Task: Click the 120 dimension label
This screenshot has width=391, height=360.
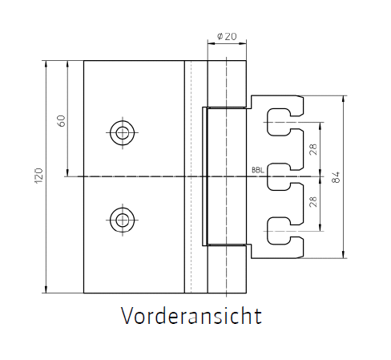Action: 38,176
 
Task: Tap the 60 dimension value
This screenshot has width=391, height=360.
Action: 62,121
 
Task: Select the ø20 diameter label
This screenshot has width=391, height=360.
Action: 227,36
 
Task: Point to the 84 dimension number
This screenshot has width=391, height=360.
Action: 336,177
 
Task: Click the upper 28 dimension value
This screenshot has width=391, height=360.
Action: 313,149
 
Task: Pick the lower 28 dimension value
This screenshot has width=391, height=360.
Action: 313,201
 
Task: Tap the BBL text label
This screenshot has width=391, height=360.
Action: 258,170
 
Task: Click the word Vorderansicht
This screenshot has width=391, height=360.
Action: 191,316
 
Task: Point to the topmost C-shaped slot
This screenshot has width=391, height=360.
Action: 268,122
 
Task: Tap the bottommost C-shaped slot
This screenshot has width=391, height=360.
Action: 268,231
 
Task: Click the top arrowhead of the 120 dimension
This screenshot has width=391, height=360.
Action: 46,64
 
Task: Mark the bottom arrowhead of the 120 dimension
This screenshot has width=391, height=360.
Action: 46,289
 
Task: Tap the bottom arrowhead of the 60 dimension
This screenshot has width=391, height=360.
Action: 67,173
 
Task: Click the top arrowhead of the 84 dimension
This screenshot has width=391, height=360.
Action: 344,99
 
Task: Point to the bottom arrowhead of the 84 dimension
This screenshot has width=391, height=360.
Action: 344,255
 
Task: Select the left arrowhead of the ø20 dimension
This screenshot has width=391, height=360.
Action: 212,43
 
